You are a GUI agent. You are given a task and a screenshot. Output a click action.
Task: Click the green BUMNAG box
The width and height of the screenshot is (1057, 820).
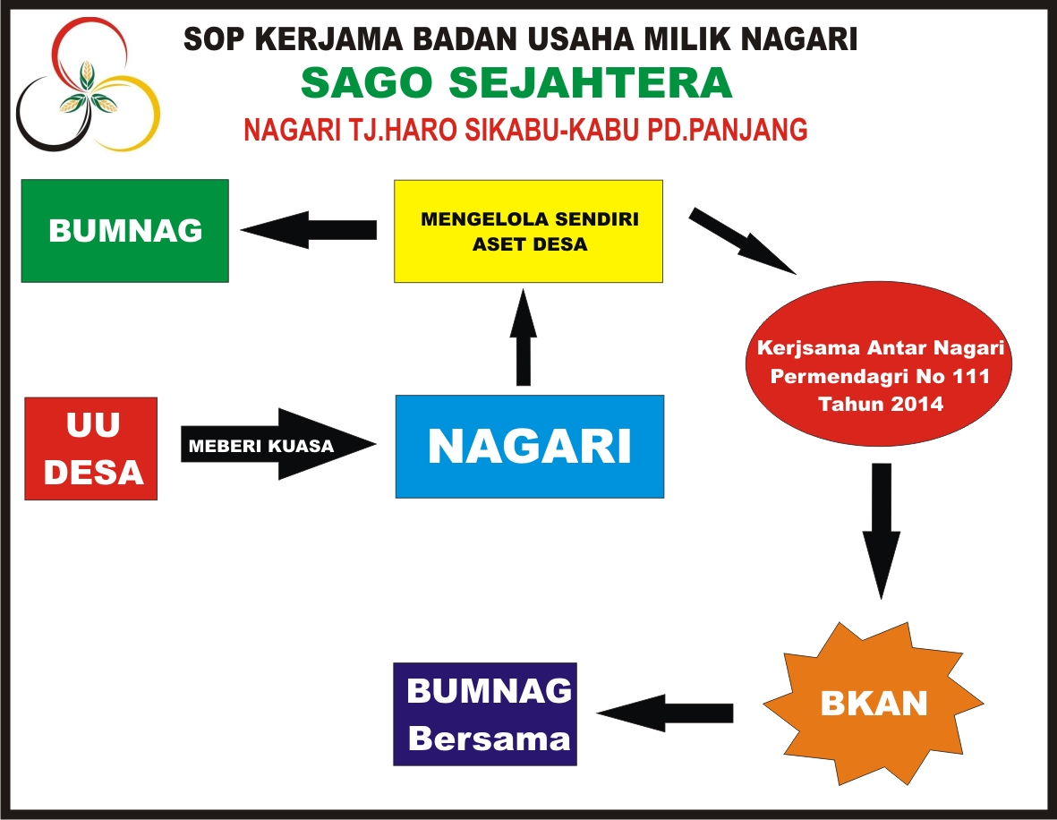click(125, 231)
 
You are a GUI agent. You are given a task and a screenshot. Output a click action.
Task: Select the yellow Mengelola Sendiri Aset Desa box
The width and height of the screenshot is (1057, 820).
click(528, 231)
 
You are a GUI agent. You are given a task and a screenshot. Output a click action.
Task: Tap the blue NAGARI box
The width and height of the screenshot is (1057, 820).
click(530, 447)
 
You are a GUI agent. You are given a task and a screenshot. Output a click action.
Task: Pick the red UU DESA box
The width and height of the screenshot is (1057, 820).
click(91, 448)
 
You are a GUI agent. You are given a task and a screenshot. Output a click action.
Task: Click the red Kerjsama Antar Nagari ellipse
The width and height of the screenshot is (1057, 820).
click(879, 364)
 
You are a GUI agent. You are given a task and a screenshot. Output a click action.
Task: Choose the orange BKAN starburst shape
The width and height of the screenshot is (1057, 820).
click(874, 704)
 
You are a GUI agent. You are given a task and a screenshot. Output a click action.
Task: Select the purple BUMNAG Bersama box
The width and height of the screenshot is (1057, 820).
click(485, 714)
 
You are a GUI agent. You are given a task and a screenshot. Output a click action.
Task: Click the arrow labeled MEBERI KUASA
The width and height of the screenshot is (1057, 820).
click(278, 444)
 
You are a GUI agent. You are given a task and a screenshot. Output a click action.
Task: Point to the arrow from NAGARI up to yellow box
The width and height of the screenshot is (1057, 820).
click(523, 337)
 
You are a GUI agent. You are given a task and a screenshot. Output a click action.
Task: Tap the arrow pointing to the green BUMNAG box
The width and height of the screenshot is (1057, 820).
click(309, 230)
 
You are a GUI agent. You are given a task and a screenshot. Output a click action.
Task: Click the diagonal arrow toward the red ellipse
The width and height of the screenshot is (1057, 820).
click(742, 242)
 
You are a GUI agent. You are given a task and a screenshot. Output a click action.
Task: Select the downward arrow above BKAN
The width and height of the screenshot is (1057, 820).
click(881, 531)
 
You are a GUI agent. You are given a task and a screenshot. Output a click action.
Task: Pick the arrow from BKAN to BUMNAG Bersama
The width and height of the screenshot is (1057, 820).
click(665, 713)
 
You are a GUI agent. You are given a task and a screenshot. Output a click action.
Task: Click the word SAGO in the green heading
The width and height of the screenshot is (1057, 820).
click(366, 83)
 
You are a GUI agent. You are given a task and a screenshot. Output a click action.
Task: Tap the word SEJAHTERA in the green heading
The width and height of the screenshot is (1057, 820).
click(591, 83)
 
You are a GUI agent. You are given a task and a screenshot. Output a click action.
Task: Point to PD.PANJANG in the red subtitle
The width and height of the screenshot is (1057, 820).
click(728, 130)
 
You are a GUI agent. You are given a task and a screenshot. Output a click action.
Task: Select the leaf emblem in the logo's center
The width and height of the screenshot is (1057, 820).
click(88, 91)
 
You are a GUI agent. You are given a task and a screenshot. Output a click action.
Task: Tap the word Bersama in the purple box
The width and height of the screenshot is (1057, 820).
click(490, 739)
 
